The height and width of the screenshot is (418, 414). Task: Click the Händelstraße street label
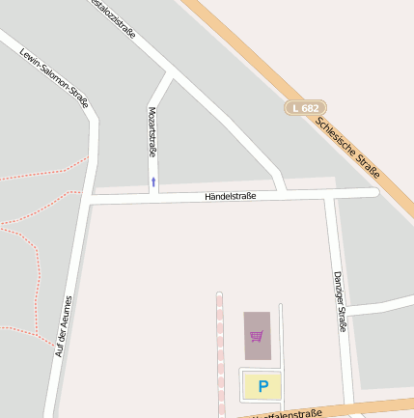click(230, 197)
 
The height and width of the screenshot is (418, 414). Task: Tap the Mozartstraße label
click(152, 132)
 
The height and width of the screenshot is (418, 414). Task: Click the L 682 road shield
click(305, 108)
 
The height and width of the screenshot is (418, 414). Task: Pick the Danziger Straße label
click(340, 302)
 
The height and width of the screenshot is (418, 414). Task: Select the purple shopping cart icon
click(257, 336)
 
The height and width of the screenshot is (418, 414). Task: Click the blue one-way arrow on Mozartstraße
click(152, 181)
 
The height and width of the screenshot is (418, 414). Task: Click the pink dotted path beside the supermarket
click(220, 348)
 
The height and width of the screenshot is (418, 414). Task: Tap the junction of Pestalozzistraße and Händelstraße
click(281, 189)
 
